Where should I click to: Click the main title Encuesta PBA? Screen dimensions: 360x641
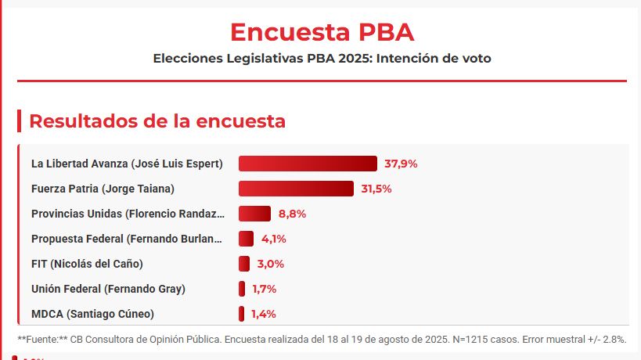[322, 32]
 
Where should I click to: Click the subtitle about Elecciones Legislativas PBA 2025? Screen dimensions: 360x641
[322, 59]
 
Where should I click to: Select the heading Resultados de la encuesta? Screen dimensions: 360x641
[157, 121]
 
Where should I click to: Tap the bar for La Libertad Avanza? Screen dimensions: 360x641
[308, 164]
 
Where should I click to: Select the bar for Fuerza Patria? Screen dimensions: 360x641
[296, 189]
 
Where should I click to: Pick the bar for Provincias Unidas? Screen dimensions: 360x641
[254, 214]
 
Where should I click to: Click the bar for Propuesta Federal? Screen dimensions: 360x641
[246, 239]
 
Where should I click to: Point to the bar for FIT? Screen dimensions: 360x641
[244, 264]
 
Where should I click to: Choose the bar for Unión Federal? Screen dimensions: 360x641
[242, 289]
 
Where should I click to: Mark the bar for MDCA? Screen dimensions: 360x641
[241, 314]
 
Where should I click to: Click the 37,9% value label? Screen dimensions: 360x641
[401, 164]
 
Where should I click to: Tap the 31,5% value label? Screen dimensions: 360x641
[376, 189]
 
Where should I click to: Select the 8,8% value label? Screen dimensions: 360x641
[292, 214]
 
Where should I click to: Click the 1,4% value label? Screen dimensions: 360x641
[264, 314]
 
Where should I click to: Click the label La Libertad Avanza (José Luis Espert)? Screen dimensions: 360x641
[127, 164]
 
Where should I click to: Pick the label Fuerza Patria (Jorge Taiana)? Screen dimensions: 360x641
[103, 189]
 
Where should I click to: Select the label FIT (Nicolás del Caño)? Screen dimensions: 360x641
[87, 264]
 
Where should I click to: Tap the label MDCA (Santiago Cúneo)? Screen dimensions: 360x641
[92, 314]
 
